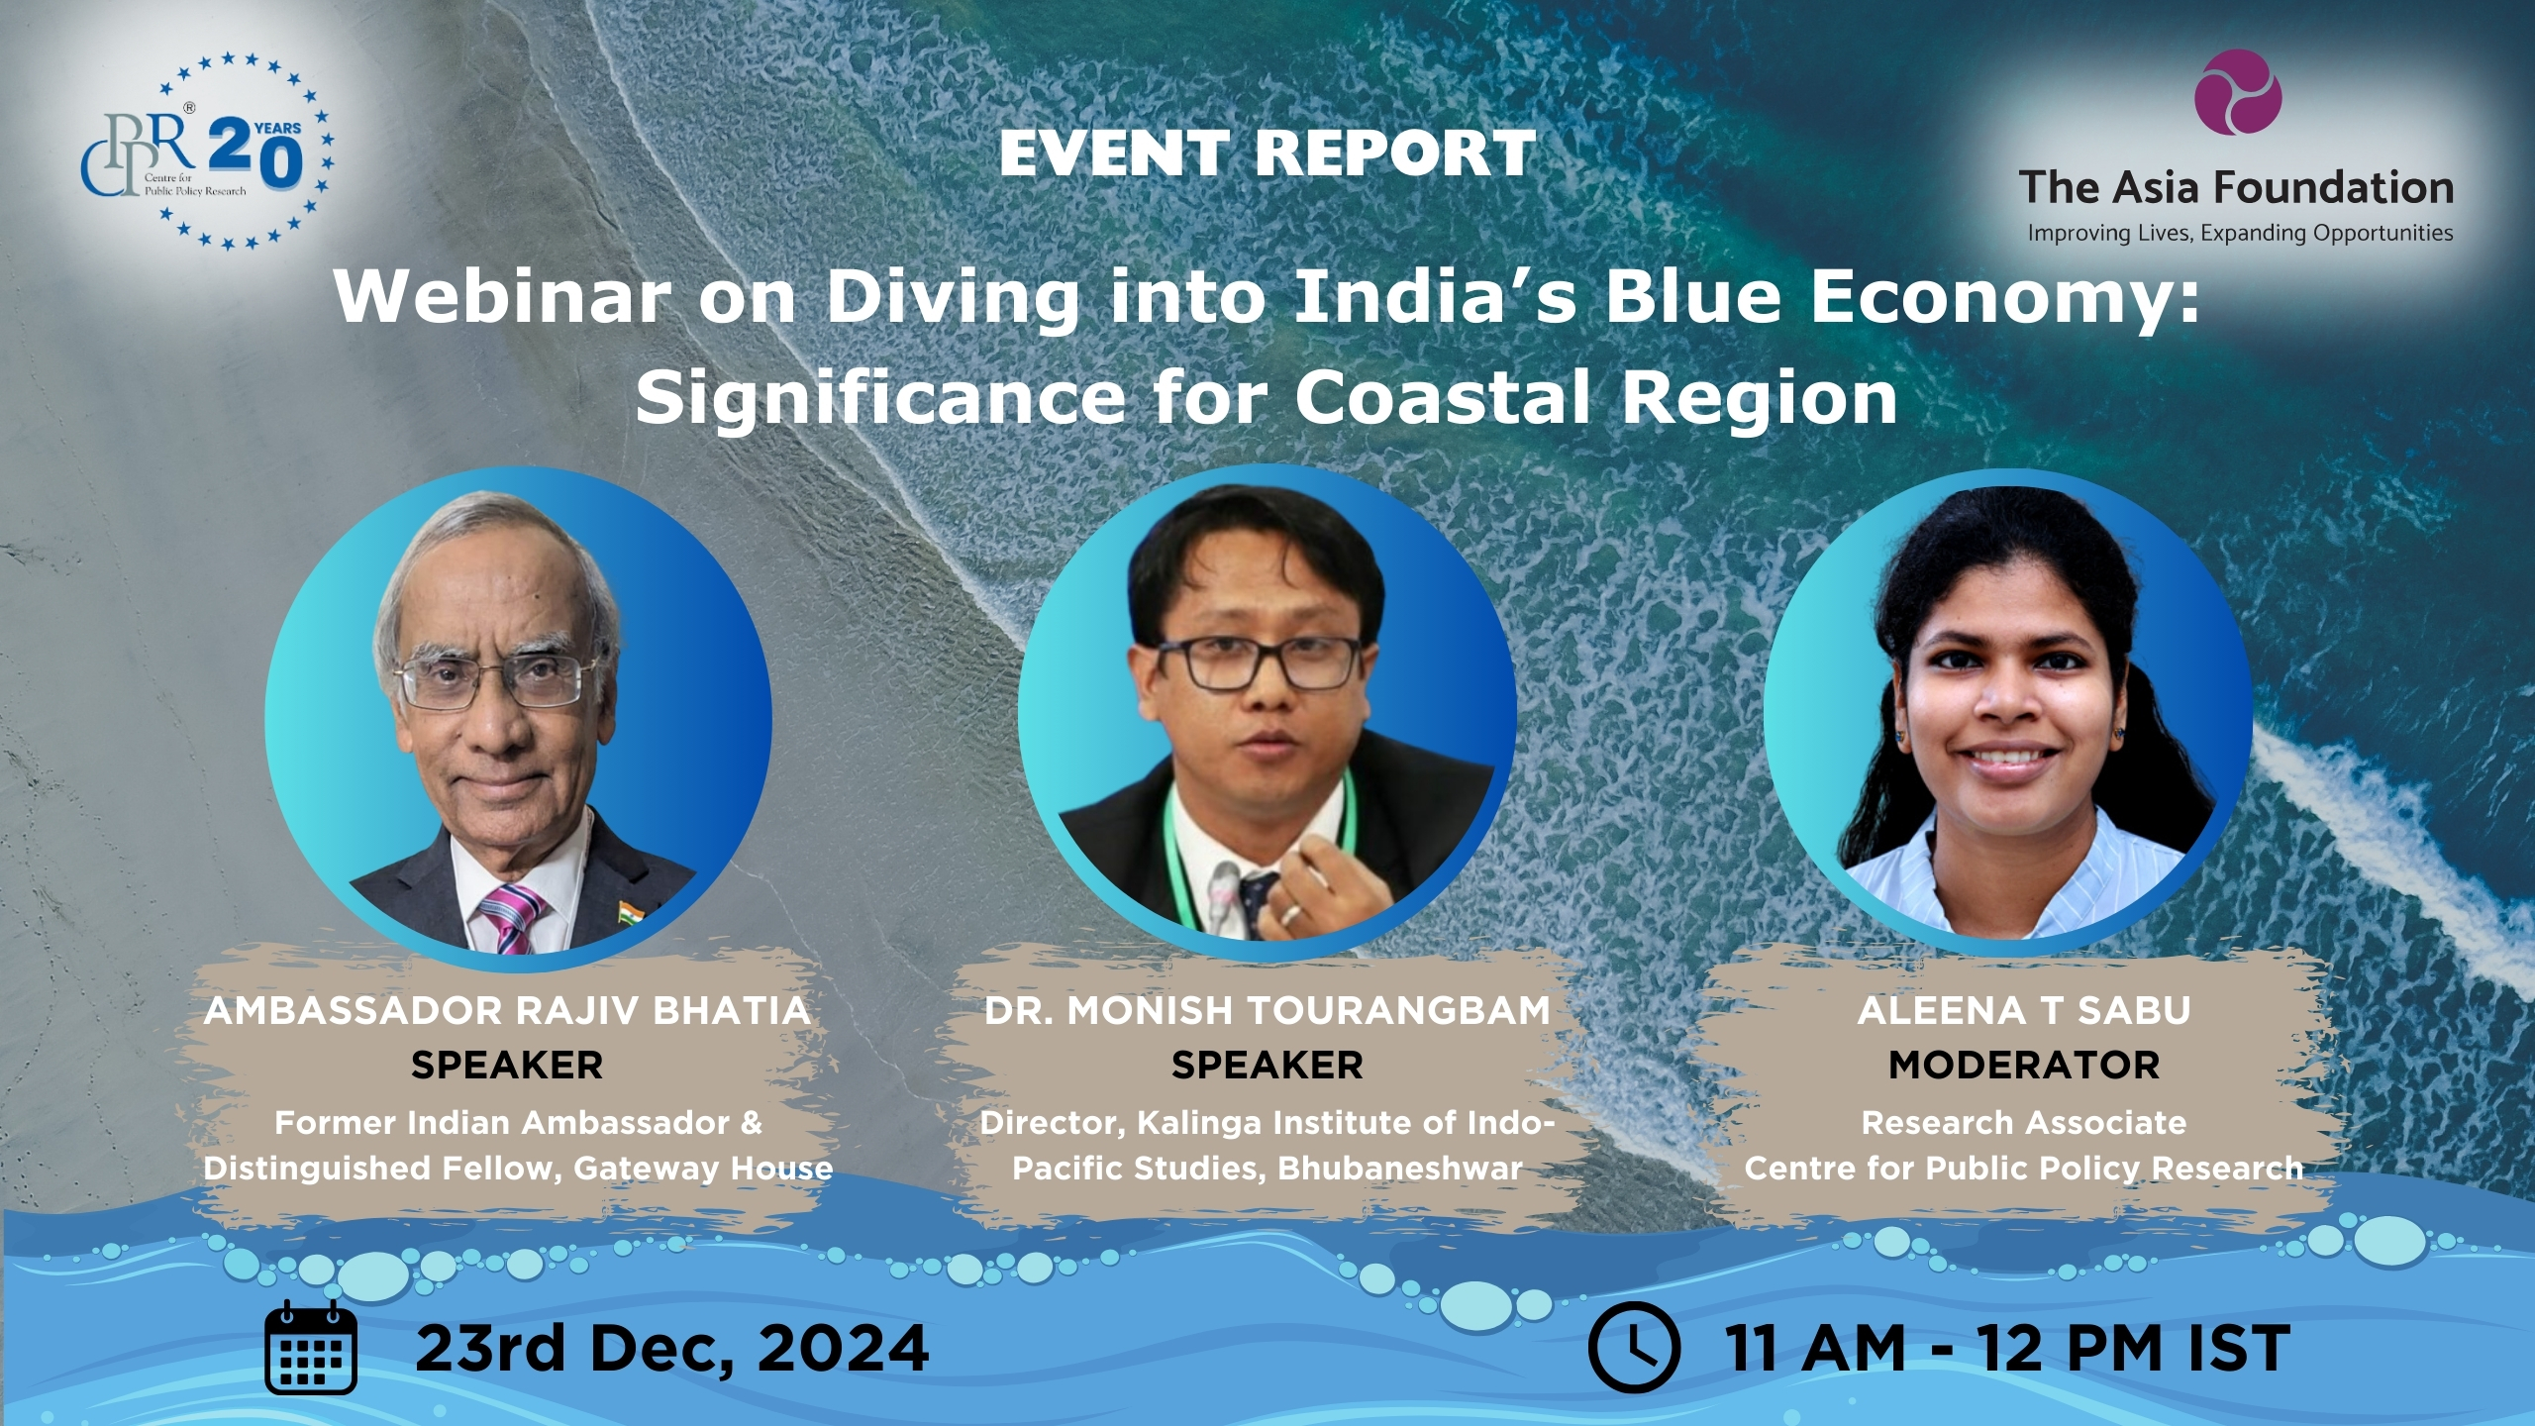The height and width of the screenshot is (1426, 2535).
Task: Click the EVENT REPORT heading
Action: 1267,153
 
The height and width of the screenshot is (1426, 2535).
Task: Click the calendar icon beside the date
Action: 311,1347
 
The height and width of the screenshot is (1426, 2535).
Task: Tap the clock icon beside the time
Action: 1634,1348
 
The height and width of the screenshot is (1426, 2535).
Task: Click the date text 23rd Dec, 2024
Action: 672,1348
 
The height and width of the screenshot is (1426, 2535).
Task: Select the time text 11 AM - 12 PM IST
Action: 2007,1348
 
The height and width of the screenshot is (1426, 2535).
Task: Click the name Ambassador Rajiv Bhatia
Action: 507,1011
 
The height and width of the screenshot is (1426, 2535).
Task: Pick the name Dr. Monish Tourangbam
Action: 1267,1011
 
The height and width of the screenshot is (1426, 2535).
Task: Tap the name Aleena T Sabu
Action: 2024,1011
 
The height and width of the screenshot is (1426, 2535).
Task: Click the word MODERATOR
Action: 2024,1066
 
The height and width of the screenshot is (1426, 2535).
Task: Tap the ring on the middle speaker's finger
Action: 1290,914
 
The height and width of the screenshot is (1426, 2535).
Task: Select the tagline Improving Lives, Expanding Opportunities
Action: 2240,234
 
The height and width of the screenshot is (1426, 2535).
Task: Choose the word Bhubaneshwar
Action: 1400,1169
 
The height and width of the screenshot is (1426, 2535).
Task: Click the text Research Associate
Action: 2024,1123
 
